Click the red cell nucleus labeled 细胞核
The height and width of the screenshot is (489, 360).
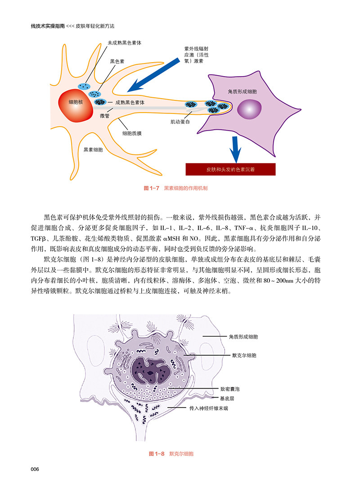click(75, 102)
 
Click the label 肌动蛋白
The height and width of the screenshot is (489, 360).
click(180, 122)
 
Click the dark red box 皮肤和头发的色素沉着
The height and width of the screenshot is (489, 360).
click(230, 170)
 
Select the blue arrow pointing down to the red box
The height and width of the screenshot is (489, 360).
click(234, 149)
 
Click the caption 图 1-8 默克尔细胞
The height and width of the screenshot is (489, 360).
click(171, 454)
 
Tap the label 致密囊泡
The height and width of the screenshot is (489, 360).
click(230, 388)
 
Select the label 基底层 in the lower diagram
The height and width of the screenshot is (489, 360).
click(228, 398)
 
